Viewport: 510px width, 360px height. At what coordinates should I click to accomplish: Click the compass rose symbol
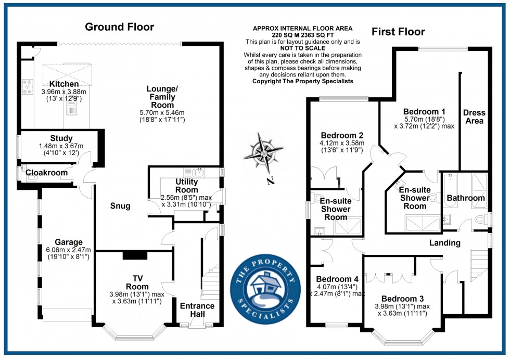coord(265,153)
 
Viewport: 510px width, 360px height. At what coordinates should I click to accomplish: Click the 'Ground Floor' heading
coord(120,27)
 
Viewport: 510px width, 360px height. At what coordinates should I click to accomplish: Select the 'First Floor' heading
coord(398,32)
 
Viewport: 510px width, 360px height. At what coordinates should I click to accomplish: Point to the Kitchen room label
coord(64,84)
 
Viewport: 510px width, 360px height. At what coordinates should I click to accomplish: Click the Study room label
coord(62,138)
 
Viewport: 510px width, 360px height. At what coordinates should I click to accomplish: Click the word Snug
coord(120,207)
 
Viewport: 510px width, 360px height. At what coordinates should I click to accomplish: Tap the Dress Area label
coord(474,117)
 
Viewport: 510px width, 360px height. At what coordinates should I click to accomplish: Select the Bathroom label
coord(466,198)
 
